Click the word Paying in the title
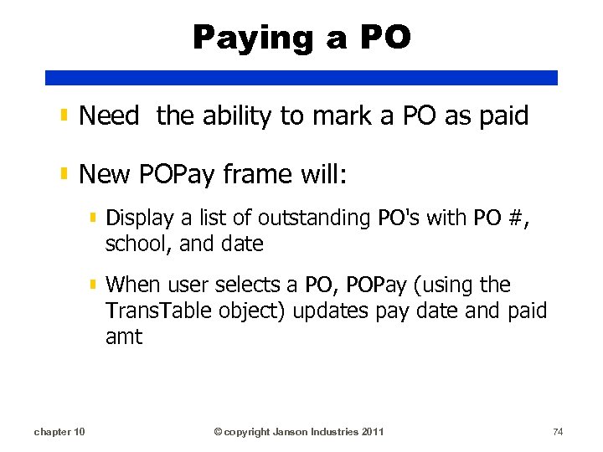[x=246, y=39]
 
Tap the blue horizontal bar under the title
[x=301, y=78]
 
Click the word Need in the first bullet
[x=109, y=116]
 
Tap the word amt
[x=124, y=337]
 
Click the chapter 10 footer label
[x=59, y=432]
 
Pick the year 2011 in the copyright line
[x=371, y=432]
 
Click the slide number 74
[x=558, y=432]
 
